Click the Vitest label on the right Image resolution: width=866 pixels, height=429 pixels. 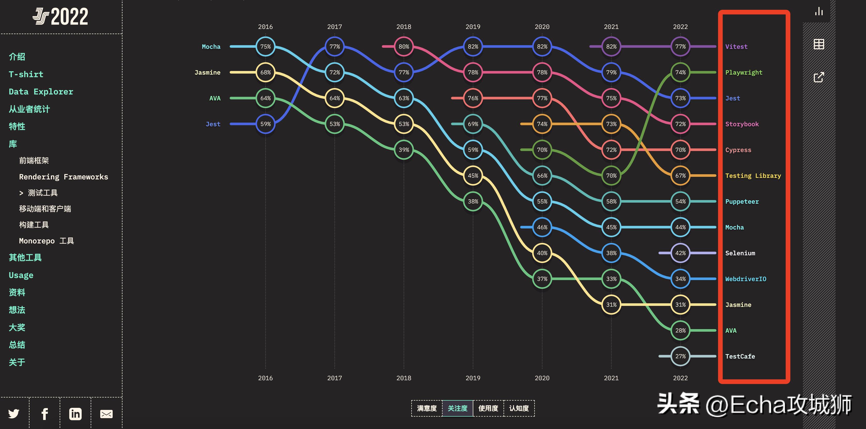(736, 47)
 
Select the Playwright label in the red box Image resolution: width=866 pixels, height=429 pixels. (744, 73)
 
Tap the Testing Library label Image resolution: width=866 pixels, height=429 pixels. (753, 176)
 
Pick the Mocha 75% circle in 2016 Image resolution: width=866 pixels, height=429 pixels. (265, 47)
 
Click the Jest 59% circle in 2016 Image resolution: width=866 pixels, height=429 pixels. (265, 124)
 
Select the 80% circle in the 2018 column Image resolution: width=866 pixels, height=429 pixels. (404, 47)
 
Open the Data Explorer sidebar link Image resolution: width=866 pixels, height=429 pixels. (41, 92)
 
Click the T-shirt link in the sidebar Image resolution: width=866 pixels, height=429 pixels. (26, 74)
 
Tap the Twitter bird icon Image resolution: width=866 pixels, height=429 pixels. (14, 414)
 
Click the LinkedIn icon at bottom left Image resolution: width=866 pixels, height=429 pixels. (75, 414)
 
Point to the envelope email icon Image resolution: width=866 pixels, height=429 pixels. (106, 414)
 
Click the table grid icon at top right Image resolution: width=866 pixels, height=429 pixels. (819, 44)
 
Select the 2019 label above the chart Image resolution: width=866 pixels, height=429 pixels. (473, 27)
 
